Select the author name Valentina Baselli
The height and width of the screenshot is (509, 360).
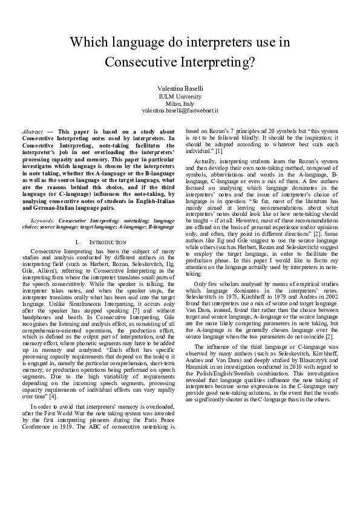(180, 88)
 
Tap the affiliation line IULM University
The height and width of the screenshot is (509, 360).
(180, 96)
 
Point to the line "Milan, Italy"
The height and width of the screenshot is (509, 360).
(180, 103)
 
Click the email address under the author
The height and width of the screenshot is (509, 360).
(180, 111)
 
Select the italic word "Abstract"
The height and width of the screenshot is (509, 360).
(32, 131)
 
